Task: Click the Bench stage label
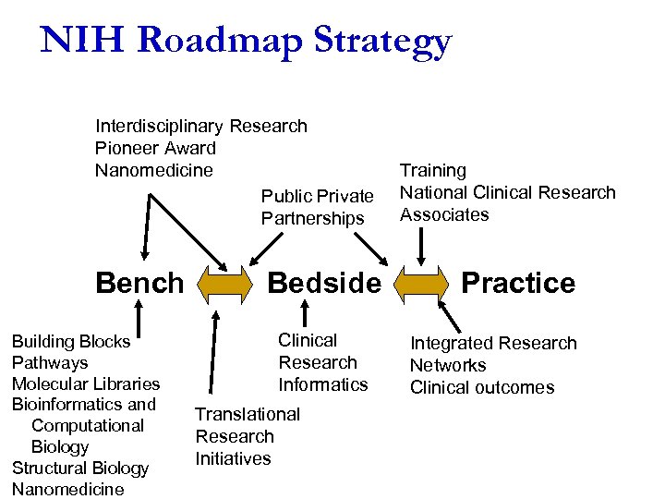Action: [139, 283]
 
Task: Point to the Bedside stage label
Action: [323, 283]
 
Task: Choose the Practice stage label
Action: [518, 283]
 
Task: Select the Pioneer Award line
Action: [155, 148]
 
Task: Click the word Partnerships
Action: [312, 219]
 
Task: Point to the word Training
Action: [432, 171]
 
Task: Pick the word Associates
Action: [444, 215]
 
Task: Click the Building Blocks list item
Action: [71, 342]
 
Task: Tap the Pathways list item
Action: [50, 363]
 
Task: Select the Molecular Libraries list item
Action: [86, 383]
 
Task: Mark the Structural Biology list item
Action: [80, 468]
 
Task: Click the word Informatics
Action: [323, 384]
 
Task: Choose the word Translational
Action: [248, 414]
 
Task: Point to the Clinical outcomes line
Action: [482, 387]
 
